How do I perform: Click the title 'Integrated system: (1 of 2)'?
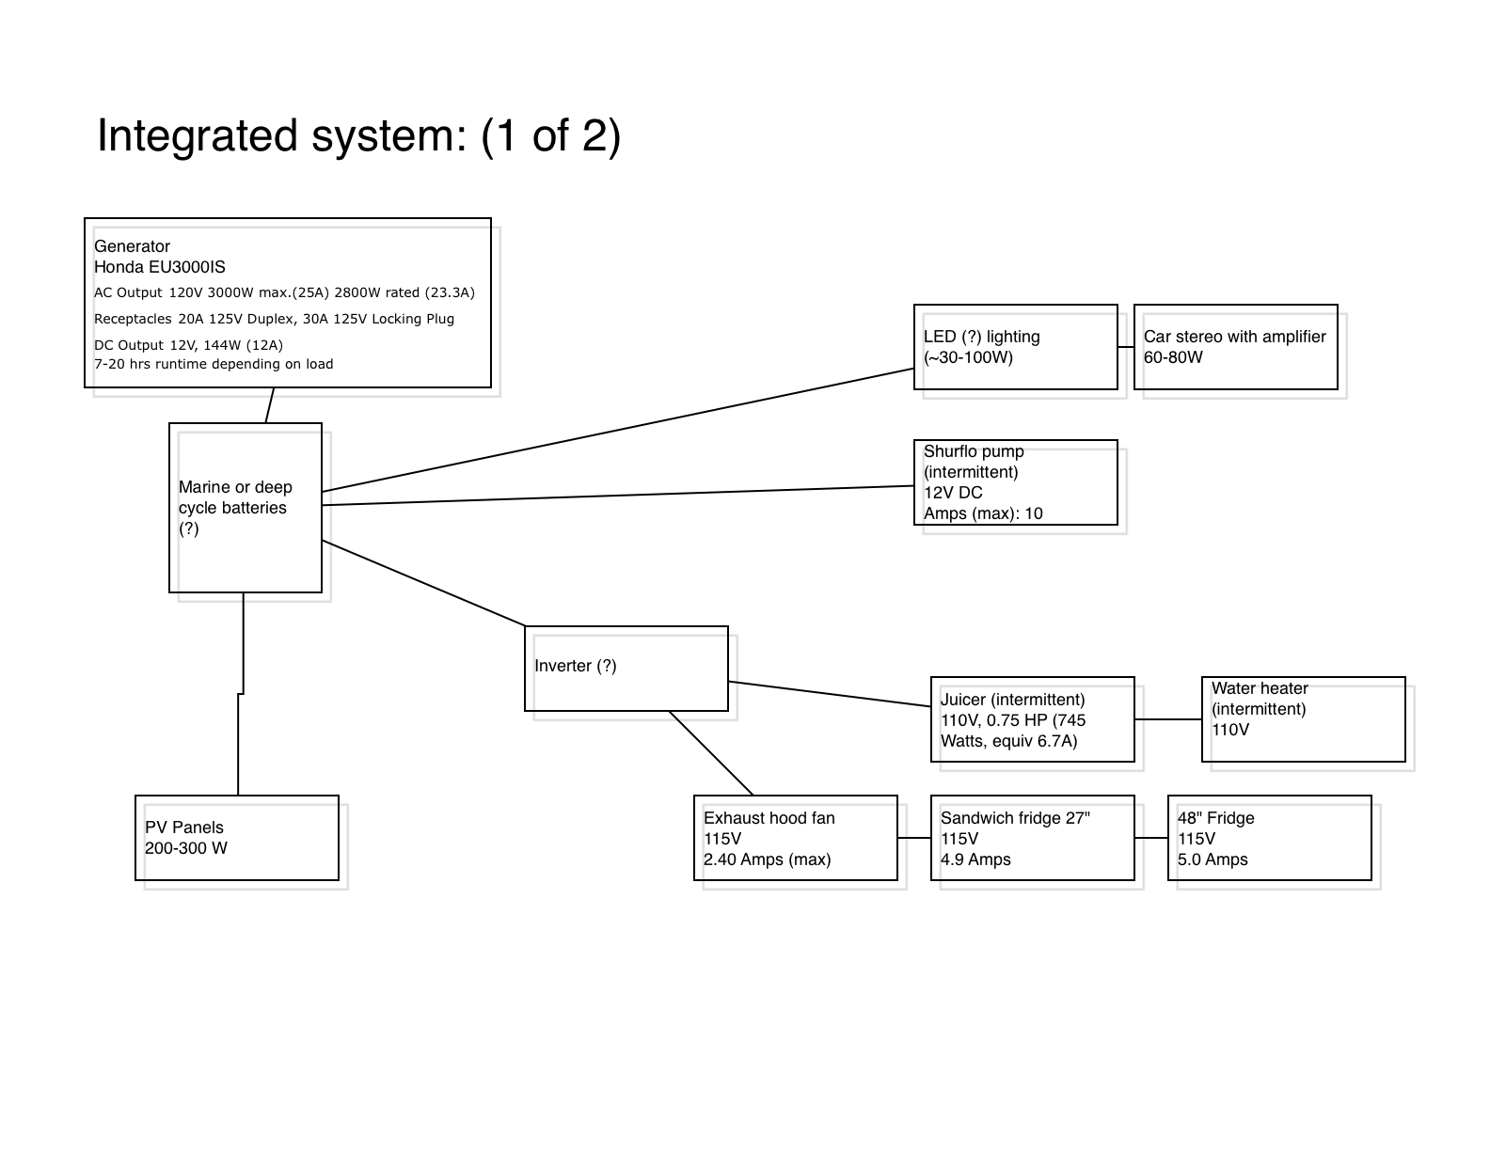(x=358, y=135)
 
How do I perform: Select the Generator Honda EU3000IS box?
(x=287, y=303)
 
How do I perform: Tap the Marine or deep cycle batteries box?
(x=246, y=507)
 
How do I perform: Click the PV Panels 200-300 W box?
(x=237, y=838)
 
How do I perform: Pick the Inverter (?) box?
(x=626, y=669)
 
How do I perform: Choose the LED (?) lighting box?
(x=1016, y=347)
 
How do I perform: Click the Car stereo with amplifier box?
(x=1236, y=347)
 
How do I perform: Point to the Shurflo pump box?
(x=1016, y=482)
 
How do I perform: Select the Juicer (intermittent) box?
(x=1033, y=719)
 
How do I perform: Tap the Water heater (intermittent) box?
(x=1304, y=719)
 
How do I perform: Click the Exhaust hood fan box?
(x=796, y=838)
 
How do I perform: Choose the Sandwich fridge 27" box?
(x=1033, y=838)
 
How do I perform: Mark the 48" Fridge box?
(x=1270, y=838)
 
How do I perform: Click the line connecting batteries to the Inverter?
(x=423, y=583)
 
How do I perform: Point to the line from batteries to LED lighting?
(x=618, y=430)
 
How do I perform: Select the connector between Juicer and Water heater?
(x=1168, y=719)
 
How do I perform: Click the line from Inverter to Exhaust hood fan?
(x=711, y=752)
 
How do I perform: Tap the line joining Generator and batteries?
(x=269, y=405)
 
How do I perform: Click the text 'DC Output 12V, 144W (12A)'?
(x=188, y=345)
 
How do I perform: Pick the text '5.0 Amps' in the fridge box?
(x=1213, y=859)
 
